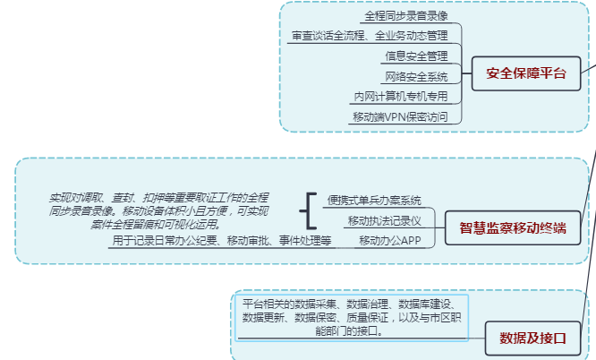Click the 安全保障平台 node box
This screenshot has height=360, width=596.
pos(526,73)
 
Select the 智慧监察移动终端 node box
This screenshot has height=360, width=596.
pos(512,229)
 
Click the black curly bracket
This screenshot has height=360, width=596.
pos(308,210)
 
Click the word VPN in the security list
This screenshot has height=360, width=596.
pos(396,116)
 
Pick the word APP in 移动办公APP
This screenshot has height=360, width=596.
pos(408,240)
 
